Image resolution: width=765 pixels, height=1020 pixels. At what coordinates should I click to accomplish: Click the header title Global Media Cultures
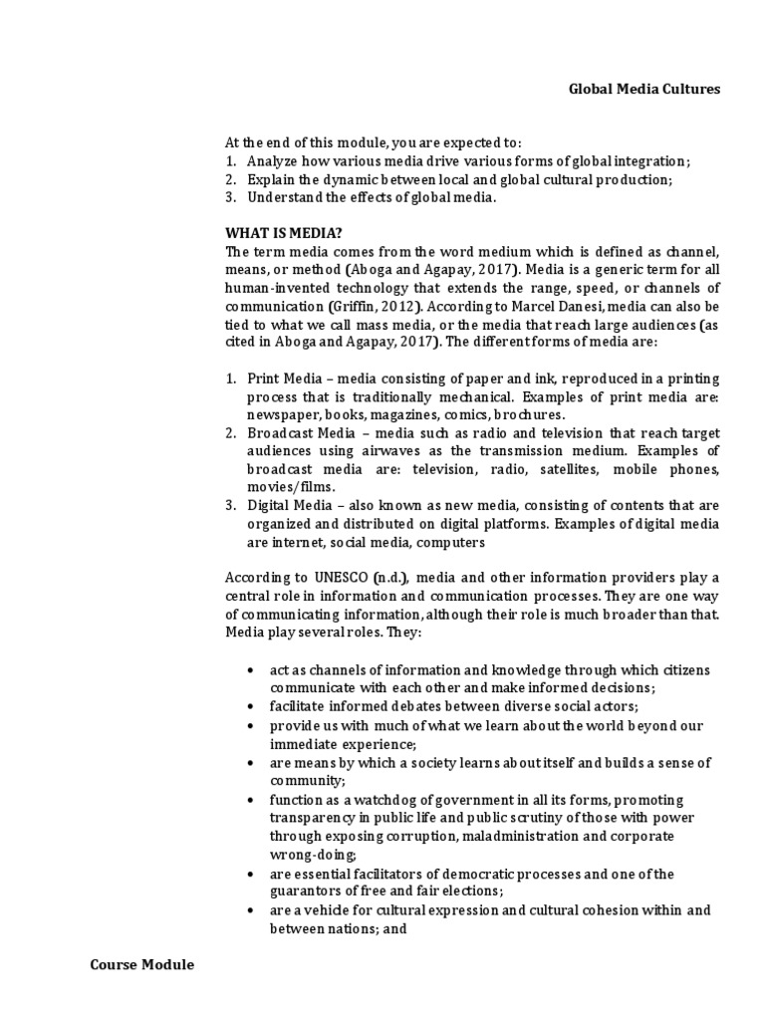(643, 89)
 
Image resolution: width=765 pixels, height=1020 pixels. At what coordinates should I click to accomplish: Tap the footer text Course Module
(142, 965)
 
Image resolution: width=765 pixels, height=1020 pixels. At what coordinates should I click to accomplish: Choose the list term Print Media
(279, 380)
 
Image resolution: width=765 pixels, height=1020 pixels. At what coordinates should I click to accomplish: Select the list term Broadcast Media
(295, 433)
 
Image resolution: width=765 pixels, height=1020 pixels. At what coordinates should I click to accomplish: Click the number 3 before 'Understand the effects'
(228, 197)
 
